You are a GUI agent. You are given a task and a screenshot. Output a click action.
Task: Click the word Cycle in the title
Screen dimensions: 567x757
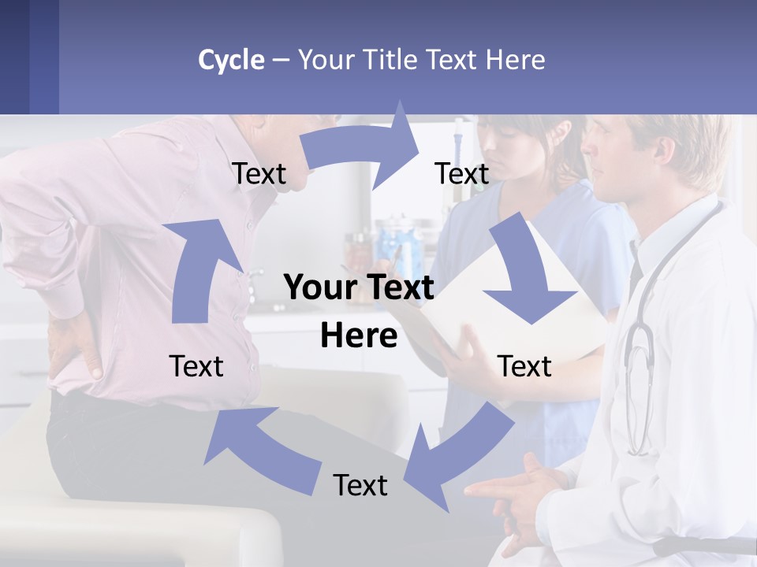(x=231, y=60)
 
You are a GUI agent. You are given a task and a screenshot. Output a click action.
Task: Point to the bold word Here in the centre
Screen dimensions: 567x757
(x=359, y=335)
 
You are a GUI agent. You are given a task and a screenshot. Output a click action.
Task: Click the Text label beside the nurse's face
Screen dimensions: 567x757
(x=462, y=173)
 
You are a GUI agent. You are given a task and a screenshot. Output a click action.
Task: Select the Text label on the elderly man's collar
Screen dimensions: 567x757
(x=259, y=173)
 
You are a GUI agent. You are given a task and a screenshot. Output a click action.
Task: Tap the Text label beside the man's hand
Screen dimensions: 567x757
(x=196, y=366)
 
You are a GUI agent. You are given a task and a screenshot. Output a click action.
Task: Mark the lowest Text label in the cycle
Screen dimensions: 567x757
(x=360, y=485)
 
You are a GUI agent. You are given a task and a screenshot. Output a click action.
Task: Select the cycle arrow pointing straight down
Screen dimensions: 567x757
(x=524, y=272)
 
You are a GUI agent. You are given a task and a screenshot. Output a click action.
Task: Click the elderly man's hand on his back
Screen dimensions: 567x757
(x=75, y=346)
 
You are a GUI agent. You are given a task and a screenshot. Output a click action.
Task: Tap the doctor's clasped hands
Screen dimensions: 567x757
(x=520, y=488)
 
